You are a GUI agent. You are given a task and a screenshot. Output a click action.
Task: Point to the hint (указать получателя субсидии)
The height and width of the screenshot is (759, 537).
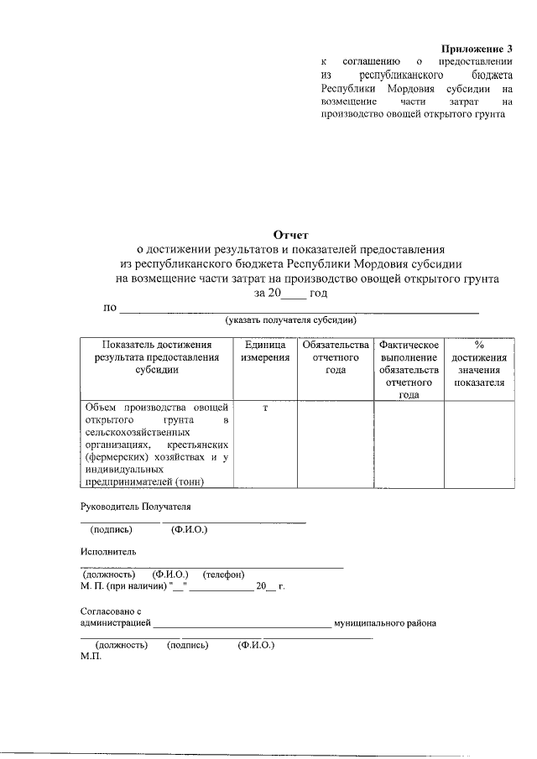[291, 320]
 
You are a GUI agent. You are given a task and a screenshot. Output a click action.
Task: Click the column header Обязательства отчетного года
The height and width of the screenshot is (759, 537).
[336, 357]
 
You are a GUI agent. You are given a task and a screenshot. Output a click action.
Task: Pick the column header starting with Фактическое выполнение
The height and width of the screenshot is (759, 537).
[409, 369]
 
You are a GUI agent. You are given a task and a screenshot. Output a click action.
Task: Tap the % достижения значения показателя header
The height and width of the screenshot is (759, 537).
[479, 363]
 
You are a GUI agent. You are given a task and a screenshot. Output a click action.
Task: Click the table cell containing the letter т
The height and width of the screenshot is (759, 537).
[265, 407]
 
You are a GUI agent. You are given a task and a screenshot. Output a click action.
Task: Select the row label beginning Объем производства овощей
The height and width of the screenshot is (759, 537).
[156, 443]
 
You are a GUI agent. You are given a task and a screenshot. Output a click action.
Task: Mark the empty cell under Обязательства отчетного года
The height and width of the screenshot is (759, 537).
[336, 443]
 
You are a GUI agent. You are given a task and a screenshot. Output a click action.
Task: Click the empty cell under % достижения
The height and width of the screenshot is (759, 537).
[479, 443]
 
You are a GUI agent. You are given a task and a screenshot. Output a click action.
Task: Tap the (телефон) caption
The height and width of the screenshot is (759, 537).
[223, 574]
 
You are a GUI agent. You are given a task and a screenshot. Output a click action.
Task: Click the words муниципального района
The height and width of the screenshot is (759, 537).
[385, 623]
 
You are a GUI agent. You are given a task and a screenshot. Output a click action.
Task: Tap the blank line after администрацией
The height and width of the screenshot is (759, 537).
[242, 625]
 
